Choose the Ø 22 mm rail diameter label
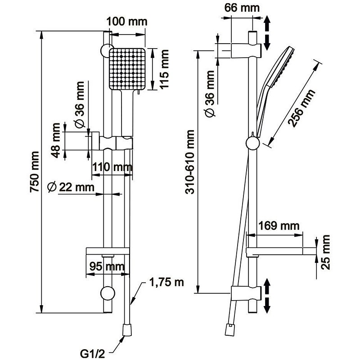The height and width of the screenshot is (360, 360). [71, 186]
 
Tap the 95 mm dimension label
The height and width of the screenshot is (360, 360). [106, 266]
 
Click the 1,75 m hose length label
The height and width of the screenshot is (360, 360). [166, 283]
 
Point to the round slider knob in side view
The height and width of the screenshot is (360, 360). [252, 144]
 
